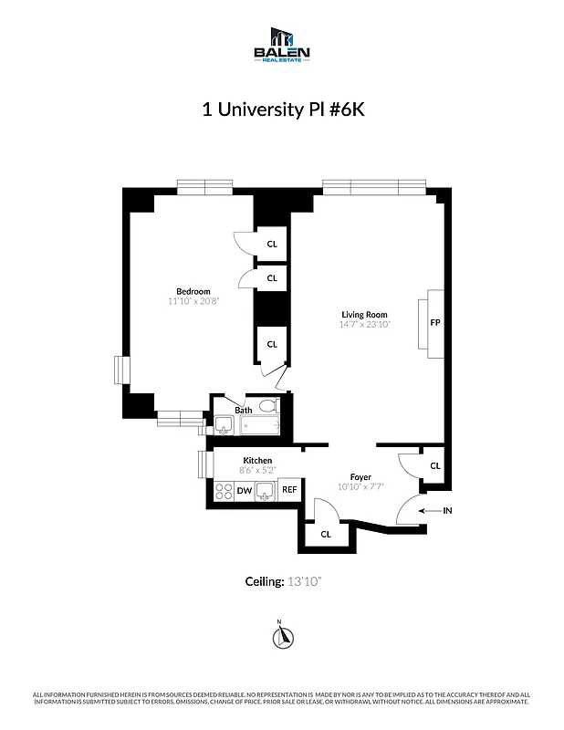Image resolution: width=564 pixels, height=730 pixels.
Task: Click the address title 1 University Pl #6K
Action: tap(281, 109)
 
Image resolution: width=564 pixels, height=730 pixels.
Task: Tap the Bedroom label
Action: tap(193, 291)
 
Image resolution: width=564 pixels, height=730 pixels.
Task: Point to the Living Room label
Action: tap(365, 315)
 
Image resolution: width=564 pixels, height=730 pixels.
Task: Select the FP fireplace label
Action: tap(434, 322)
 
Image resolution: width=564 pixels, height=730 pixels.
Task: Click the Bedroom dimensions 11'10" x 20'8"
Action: tap(193, 301)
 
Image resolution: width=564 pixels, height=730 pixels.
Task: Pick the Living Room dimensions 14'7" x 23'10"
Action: tap(365, 324)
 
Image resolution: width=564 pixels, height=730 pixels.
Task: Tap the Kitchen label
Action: tap(257, 460)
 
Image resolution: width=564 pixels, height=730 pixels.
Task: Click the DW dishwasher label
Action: tap(245, 491)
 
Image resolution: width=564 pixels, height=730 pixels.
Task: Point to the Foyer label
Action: tap(361, 477)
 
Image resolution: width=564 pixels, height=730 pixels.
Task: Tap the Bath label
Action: tap(244, 410)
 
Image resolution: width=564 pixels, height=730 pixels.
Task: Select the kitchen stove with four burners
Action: tap(223, 491)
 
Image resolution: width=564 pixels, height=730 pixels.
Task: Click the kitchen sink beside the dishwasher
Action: tap(266, 491)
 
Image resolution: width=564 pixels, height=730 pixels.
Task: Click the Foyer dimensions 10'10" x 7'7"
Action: tap(361, 486)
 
